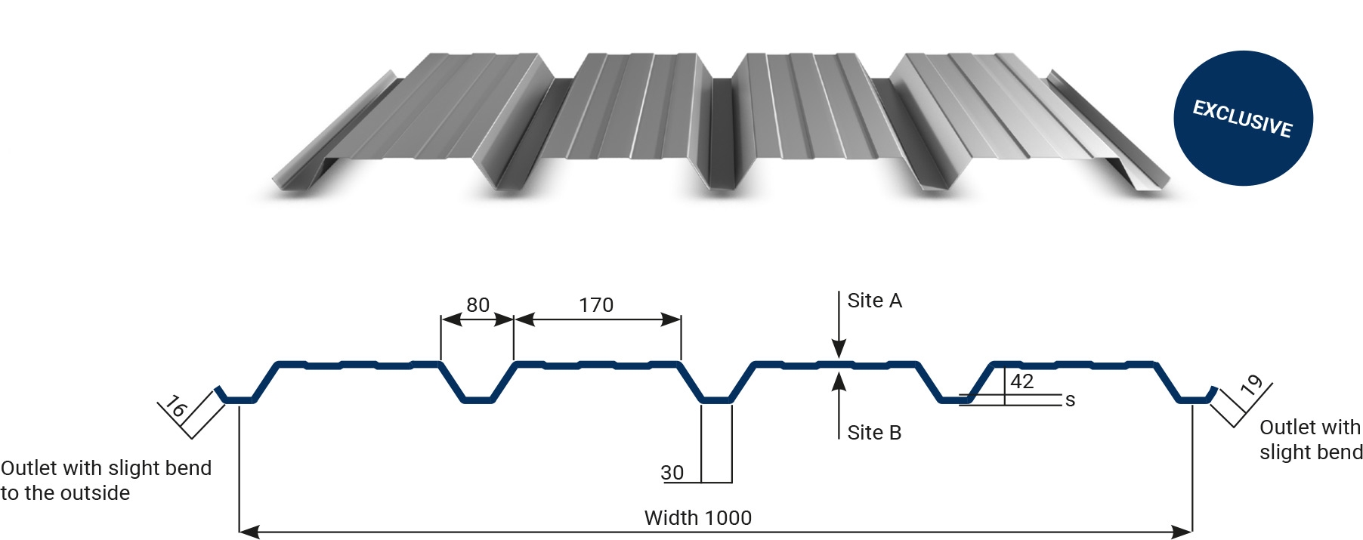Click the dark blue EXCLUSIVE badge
point(1243,118)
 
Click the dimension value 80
point(478,305)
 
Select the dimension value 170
point(596,305)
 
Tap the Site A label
point(874,301)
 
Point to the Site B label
point(874,433)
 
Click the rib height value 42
point(1021,381)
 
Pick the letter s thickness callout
point(1070,400)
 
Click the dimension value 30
point(672,473)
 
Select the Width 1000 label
point(697,518)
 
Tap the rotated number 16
point(175,407)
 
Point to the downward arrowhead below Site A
point(839,349)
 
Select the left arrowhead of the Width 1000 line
point(249,532)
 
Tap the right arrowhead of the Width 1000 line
point(1182,532)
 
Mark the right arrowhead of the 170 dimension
point(671,319)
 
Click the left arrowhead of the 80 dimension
point(451,319)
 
